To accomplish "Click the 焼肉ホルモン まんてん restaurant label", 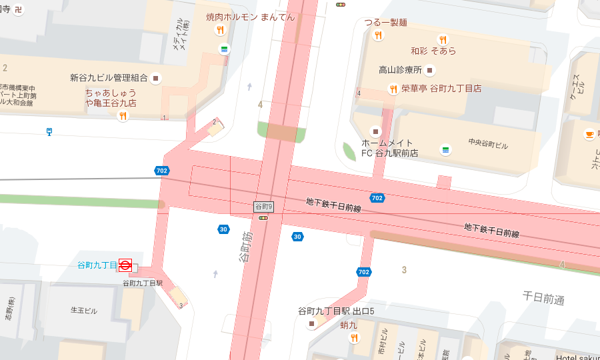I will [251, 17].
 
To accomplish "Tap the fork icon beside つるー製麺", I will [378, 35].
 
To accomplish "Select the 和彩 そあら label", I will [433, 51].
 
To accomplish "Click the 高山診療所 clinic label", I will [400, 69].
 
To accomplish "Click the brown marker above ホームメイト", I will [375, 131].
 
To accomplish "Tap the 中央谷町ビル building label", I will [488, 143].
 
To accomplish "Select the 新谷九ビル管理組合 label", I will [109, 77].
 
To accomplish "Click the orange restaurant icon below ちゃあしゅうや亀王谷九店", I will [123, 116].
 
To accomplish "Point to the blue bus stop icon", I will [49, 131].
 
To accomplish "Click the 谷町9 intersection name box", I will [264, 207].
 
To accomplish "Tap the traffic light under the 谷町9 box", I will [263, 218].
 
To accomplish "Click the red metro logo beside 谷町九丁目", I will [125, 265].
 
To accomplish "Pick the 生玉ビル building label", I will [84, 311].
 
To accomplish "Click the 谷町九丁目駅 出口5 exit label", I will [336, 311].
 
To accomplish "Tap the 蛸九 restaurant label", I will [349, 325].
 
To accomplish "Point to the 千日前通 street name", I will [543, 298].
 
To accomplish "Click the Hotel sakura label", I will [577, 357].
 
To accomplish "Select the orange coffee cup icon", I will [589, 134].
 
